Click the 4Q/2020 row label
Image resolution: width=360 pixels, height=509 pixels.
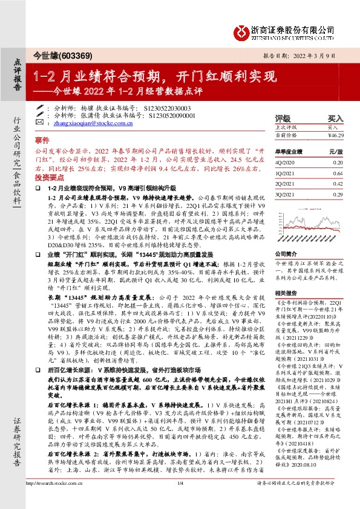pyautogui.click(x=284, y=163)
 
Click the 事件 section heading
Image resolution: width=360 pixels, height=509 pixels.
pyautogui.click(x=42, y=138)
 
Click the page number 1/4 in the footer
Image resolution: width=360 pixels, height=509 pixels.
pyautogui.click(x=180, y=500)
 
